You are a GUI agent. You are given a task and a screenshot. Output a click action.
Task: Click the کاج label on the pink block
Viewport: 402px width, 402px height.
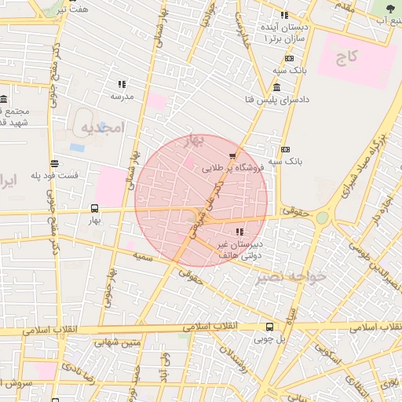[347, 57]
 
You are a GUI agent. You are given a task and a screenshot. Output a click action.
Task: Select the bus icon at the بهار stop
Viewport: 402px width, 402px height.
[95, 209]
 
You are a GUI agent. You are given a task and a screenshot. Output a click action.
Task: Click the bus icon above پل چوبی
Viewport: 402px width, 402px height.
[269, 327]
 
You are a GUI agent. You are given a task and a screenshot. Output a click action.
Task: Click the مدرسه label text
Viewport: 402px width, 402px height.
[122, 97]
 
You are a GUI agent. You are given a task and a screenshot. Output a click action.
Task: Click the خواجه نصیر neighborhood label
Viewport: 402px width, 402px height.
[294, 276]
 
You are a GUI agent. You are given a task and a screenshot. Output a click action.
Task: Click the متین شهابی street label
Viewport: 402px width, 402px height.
[118, 342]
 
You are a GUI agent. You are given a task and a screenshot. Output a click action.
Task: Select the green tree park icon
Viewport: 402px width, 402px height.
[390, 8]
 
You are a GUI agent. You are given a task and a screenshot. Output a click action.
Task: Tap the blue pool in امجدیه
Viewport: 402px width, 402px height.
[77, 147]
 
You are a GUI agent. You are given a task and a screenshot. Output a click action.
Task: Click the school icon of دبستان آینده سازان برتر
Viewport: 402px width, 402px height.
[284, 15]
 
